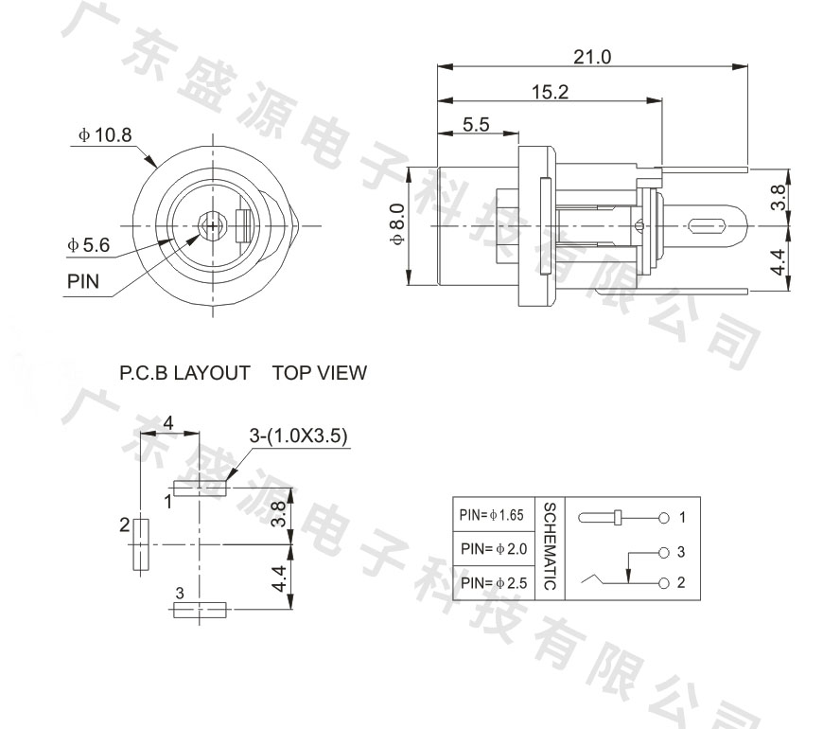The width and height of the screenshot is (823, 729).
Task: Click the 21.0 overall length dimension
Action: (x=592, y=57)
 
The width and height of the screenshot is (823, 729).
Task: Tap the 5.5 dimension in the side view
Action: (x=477, y=124)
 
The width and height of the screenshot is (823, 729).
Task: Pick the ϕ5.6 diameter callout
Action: (x=89, y=245)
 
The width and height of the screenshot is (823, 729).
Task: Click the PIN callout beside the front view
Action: (x=83, y=282)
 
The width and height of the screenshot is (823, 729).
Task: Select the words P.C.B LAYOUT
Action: (x=185, y=373)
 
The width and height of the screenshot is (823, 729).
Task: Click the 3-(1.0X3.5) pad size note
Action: (x=299, y=436)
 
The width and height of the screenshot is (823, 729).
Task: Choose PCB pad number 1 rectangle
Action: (x=201, y=488)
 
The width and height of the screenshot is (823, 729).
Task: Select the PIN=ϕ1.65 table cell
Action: (x=494, y=517)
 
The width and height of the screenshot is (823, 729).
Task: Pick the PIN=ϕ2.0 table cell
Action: (x=494, y=549)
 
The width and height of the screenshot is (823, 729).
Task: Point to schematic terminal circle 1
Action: (x=664, y=518)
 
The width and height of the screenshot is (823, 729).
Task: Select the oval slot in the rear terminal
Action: (x=708, y=227)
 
